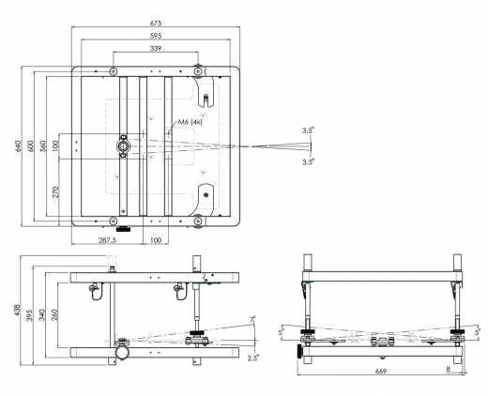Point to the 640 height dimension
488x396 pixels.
[x=18, y=145]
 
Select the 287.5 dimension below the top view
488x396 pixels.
[x=108, y=240]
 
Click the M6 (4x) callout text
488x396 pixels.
[x=192, y=121]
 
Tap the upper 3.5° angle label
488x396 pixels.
[x=308, y=130]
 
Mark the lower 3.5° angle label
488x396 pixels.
[x=308, y=161]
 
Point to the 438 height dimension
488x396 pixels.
[x=18, y=310]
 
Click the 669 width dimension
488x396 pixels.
[x=378, y=372]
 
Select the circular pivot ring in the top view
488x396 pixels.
[x=123, y=145]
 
